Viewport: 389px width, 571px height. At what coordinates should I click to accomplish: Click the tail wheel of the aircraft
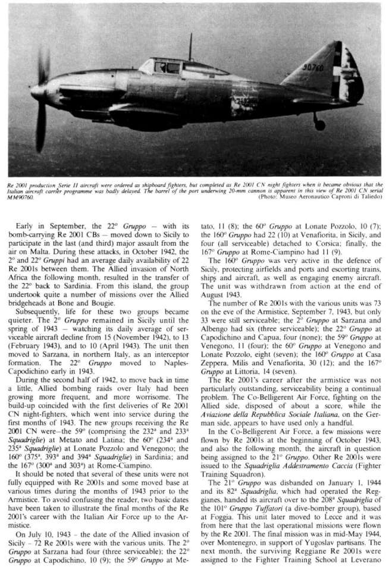tap(319, 125)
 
